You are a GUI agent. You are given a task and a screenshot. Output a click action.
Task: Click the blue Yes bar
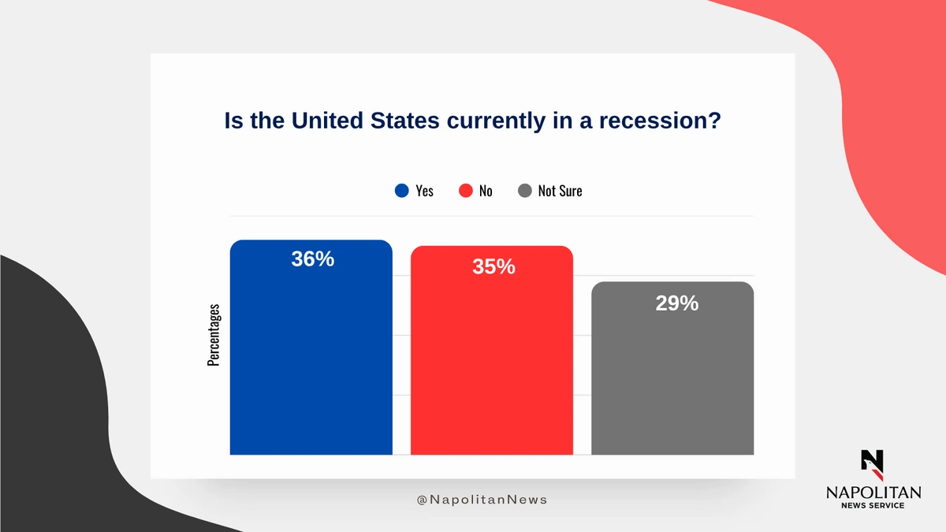[311, 347]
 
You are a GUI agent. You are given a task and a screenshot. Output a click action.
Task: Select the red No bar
[492, 350]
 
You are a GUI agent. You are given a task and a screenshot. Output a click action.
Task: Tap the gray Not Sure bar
[672, 368]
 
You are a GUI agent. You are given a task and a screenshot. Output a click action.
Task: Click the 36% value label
[312, 259]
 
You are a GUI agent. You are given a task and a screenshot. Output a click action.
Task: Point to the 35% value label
[493, 266]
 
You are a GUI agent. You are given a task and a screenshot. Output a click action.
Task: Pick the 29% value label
[677, 303]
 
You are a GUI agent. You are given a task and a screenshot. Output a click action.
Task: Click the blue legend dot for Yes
[401, 191]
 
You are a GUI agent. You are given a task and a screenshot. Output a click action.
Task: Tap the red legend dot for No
[465, 191]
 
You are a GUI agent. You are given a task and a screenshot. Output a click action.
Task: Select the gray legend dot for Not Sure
[524, 191]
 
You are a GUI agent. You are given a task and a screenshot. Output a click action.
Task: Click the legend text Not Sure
[560, 191]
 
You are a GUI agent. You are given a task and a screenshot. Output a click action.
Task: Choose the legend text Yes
[424, 191]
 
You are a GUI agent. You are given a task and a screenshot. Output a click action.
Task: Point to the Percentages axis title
[214, 335]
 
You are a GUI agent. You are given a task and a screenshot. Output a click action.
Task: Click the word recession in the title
[660, 121]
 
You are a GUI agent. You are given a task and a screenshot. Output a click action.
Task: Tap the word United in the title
[328, 121]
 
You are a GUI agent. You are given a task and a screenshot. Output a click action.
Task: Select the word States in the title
[405, 121]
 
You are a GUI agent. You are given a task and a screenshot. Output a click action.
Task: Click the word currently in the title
[496, 121]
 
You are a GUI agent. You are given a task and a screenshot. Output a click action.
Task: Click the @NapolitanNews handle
[482, 500]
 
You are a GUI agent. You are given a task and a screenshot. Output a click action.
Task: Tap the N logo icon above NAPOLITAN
[872, 465]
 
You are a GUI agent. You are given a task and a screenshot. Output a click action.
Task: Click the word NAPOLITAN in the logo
[873, 493]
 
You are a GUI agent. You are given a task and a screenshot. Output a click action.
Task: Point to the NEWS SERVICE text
[873, 505]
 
